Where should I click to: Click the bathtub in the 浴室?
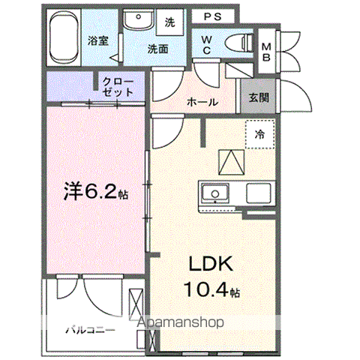pyautogui.click(x=64, y=37)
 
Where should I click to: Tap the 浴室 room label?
pyautogui.click(x=97, y=41)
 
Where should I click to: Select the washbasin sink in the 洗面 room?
pyautogui.click(x=139, y=20)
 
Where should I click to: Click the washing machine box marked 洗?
pyautogui.click(x=169, y=22)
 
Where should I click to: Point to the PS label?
pyautogui.click(x=213, y=16)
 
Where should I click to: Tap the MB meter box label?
pyautogui.click(x=266, y=52)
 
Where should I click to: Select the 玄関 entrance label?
pyautogui.click(x=259, y=97)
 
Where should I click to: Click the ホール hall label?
pyautogui.click(x=202, y=102)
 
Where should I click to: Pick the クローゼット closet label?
pyautogui.click(x=118, y=87)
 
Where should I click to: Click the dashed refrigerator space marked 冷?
pyautogui.click(x=260, y=134)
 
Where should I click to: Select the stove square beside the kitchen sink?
pyautogui.click(x=259, y=193)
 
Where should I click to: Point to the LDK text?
pyautogui.click(x=211, y=264)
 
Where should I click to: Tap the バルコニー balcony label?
pyautogui.click(x=90, y=330)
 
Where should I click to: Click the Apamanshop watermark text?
pyautogui.click(x=180, y=322)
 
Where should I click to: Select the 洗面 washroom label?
pyautogui.click(x=157, y=49)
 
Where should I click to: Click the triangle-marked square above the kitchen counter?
pyautogui.click(x=231, y=162)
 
